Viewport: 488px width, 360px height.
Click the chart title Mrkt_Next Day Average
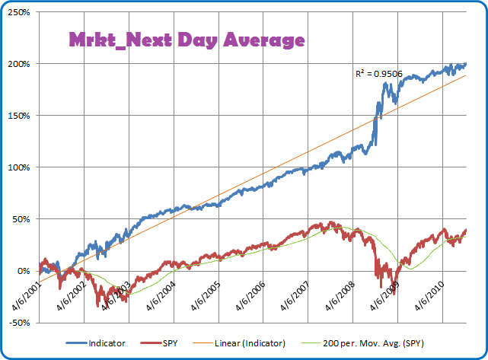coord(187,40)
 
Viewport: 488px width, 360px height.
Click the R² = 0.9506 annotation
coord(379,74)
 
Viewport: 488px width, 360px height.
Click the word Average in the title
coord(263,40)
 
